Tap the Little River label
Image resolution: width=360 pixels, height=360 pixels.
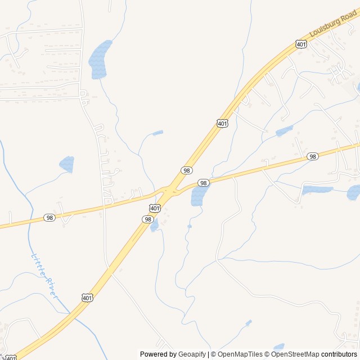pyautogui.click(x=44, y=275)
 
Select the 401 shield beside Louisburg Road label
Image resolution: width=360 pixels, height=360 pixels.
pyautogui.click(x=301, y=44)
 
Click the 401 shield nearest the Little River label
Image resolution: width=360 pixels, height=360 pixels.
pyautogui.click(x=87, y=298)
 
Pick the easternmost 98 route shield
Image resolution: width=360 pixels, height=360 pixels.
pyautogui.click(x=313, y=156)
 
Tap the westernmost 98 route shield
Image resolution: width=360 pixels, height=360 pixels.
pyautogui.click(x=49, y=218)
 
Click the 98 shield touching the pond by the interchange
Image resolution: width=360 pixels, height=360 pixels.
pyautogui.click(x=204, y=183)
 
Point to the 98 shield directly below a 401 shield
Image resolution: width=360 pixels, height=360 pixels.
pyautogui.click(x=148, y=219)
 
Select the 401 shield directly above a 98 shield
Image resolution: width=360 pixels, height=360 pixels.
pyautogui.click(x=155, y=209)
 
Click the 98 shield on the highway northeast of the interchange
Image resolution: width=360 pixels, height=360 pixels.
pyautogui.click(x=187, y=170)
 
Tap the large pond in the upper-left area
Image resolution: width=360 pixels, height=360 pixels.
pyautogui.click(x=99, y=58)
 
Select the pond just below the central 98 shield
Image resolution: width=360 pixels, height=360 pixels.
pyautogui.click(x=198, y=196)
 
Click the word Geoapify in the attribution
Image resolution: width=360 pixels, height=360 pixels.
pyautogui.click(x=192, y=354)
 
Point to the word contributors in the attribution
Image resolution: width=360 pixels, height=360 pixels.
pyautogui.click(x=339, y=354)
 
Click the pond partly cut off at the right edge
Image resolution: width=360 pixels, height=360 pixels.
pyautogui.click(x=354, y=192)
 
